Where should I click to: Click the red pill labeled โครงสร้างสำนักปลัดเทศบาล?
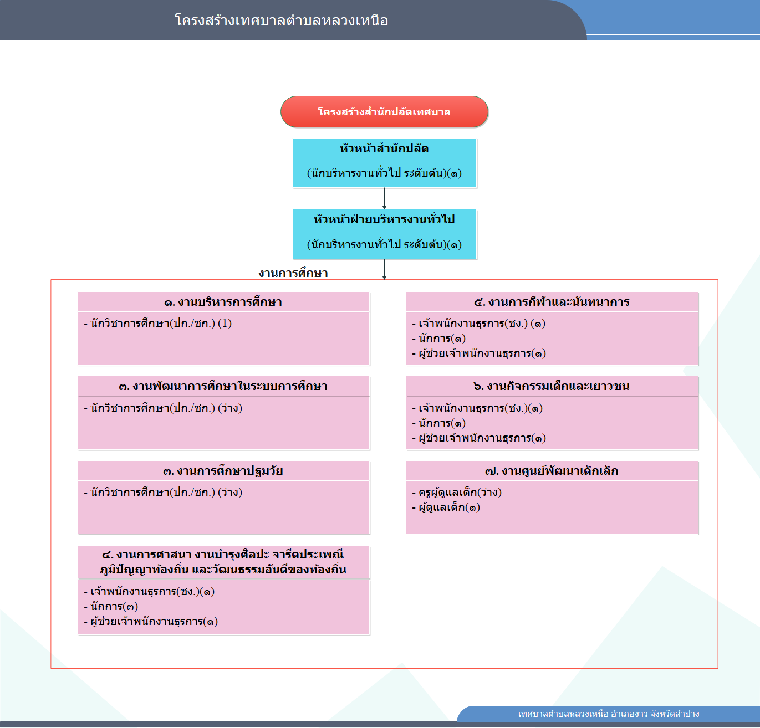[x=384, y=112]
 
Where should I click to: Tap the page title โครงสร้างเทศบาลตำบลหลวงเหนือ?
[x=281, y=20]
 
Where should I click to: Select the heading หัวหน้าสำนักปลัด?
[x=384, y=148]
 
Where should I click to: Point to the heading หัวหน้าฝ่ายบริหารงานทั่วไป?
[x=384, y=219]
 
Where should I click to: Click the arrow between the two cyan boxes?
[x=384, y=199]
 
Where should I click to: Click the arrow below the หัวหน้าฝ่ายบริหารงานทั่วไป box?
[x=384, y=269]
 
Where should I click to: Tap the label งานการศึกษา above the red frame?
[x=293, y=273]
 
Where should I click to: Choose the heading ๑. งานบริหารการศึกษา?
[x=223, y=302]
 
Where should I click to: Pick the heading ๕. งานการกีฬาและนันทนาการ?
[x=552, y=302]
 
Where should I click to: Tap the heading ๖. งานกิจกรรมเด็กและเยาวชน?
[x=552, y=386]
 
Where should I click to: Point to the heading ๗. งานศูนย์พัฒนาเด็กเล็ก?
[x=552, y=471]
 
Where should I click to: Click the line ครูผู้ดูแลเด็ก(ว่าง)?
[x=457, y=492]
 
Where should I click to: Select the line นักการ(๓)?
[x=111, y=606]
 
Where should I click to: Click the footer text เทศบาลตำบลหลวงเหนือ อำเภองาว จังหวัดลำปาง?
[x=609, y=714]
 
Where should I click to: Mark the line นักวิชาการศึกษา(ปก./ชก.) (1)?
[x=158, y=323]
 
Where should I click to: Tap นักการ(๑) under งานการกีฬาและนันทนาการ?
[x=438, y=338]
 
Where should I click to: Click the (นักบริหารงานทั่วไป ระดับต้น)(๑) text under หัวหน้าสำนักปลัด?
[x=384, y=173]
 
